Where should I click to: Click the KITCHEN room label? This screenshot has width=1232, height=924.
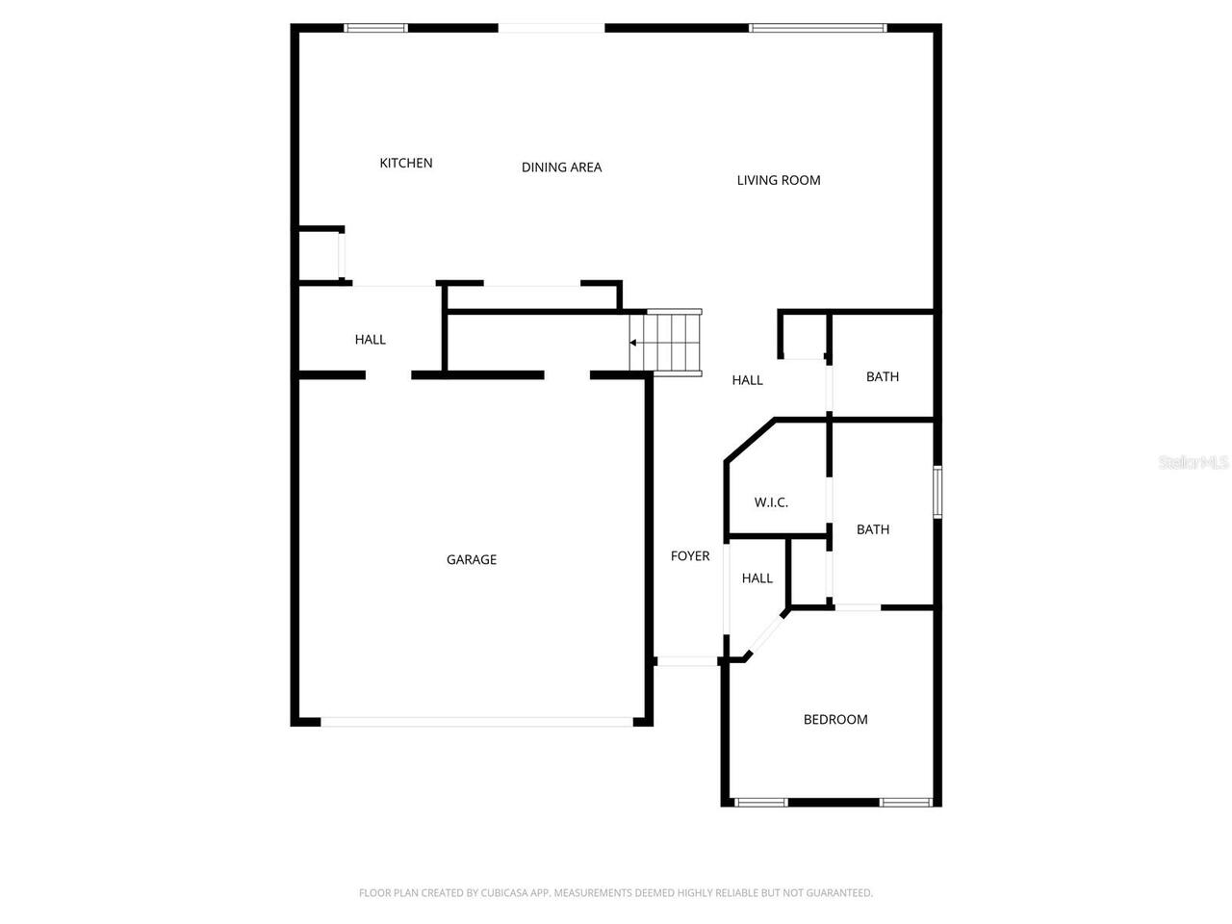tap(406, 164)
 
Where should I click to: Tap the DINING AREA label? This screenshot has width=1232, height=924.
tap(561, 167)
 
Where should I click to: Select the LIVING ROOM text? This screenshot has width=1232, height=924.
tap(779, 180)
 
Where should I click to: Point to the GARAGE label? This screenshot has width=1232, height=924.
tap(472, 560)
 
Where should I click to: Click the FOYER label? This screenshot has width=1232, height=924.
tap(690, 556)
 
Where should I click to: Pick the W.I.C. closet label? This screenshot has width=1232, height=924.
tap(771, 502)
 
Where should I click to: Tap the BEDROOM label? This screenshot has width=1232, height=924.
tap(835, 720)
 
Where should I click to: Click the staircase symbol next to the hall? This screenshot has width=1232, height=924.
tap(668, 341)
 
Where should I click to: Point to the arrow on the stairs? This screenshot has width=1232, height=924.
tap(633, 342)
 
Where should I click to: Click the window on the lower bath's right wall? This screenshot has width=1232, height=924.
tap(937, 492)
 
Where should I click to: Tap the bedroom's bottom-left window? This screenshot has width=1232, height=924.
tap(761, 802)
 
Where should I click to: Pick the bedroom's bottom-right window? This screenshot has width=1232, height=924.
tap(906, 802)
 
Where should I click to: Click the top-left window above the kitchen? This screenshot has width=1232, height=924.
tap(376, 28)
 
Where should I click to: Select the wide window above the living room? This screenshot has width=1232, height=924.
tap(817, 28)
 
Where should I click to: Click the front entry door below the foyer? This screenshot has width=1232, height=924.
tap(687, 661)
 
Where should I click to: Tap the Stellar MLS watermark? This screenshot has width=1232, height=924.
tap(1193, 463)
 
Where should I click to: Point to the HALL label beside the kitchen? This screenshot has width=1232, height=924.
tap(370, 340)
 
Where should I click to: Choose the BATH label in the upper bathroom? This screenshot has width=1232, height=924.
tap(883, 377)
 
